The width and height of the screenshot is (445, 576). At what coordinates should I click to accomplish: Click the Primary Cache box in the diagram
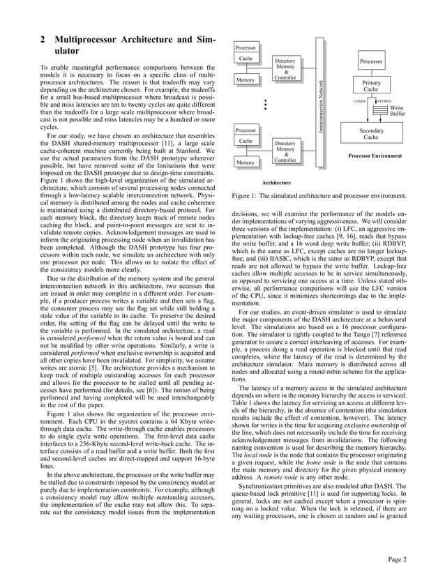coord(371,86)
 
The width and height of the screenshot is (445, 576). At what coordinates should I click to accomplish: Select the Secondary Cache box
coord(371,135)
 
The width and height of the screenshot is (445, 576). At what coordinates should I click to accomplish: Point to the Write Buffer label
coord(396,111)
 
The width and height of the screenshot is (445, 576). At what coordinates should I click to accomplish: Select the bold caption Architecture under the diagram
coord(276,181)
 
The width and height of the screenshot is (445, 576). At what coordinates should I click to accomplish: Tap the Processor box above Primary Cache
coord(371,62)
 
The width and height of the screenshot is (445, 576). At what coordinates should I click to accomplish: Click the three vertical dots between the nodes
coord(266,105)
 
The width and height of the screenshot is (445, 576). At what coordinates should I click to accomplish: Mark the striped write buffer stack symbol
coord(381,110)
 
